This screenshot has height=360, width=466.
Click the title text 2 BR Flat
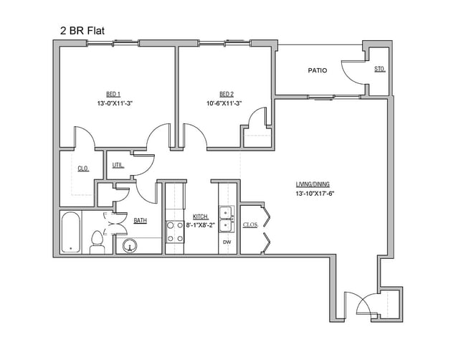point(82,31)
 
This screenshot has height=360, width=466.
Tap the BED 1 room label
point(113,94)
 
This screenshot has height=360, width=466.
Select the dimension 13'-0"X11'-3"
point(115,103)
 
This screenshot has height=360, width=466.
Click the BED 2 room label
point(227,94)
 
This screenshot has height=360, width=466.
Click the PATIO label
point(318,70)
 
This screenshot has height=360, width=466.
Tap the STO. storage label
point(379,70)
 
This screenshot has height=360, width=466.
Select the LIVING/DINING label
point(313,184)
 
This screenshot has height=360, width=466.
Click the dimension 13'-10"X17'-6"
point(315,194)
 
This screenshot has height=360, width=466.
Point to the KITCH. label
point(200,216)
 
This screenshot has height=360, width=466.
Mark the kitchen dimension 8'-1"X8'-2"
point(201,225)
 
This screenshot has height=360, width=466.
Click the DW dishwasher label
point(227,243)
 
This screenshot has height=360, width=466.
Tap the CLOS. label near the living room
point(250,225)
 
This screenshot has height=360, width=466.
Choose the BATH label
point(140,221)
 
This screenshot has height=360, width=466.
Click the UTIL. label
point(118,166)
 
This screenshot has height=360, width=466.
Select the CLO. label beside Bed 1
point(83,169)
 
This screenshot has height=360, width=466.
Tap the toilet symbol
point(97,242)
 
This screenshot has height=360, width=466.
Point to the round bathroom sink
point(130,246)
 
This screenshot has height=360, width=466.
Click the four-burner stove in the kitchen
point(175,232)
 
